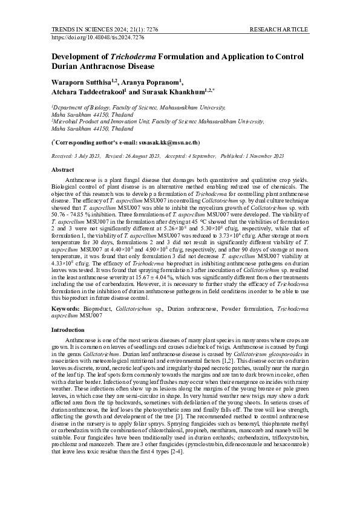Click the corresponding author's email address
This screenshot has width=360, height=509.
point(165,143)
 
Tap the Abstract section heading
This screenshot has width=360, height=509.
point(63,170)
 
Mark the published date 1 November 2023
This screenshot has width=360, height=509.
point(261,156)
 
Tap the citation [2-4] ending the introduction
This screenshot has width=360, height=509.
point(175,435)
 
